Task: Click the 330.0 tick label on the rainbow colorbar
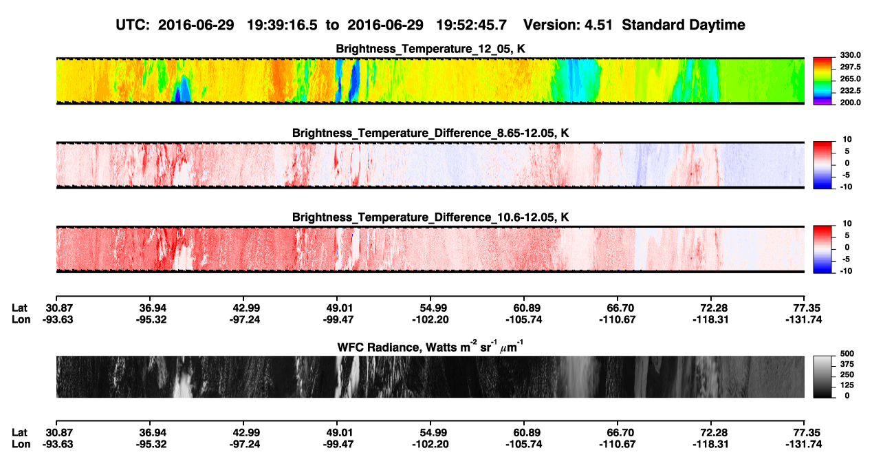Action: point(850,55)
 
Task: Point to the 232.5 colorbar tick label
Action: point(850,91)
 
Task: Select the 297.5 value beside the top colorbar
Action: point(850,67)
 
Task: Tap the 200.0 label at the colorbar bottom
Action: point(850,103)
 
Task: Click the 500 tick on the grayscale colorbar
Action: point(847,354)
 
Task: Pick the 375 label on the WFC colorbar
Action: point(847,364)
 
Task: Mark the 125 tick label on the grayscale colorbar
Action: point(847,385)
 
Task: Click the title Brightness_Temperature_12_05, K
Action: point(430,49)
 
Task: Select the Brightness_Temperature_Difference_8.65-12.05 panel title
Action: point(430,133)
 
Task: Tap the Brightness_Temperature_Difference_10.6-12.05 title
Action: point(430,217)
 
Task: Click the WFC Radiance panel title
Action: point(430,347)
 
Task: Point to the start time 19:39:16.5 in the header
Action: point(282,25)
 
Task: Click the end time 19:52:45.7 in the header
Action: point(471,25)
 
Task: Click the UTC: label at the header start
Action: point(133,25)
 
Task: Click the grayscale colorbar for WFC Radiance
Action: point(822,376)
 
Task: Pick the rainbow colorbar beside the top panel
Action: point(822,81)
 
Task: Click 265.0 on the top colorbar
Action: point(850,78)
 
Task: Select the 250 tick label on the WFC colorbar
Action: point(847,375)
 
